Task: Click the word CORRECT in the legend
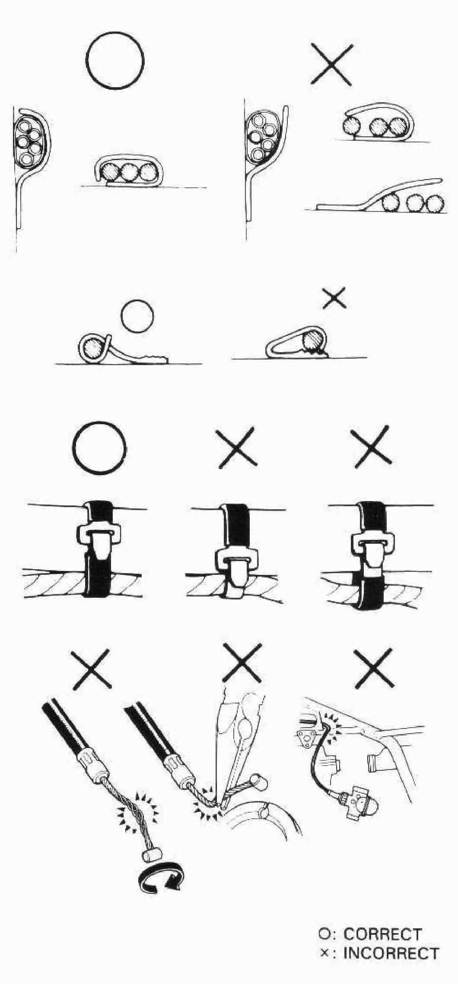[382, 934]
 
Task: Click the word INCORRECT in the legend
[391, 953]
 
